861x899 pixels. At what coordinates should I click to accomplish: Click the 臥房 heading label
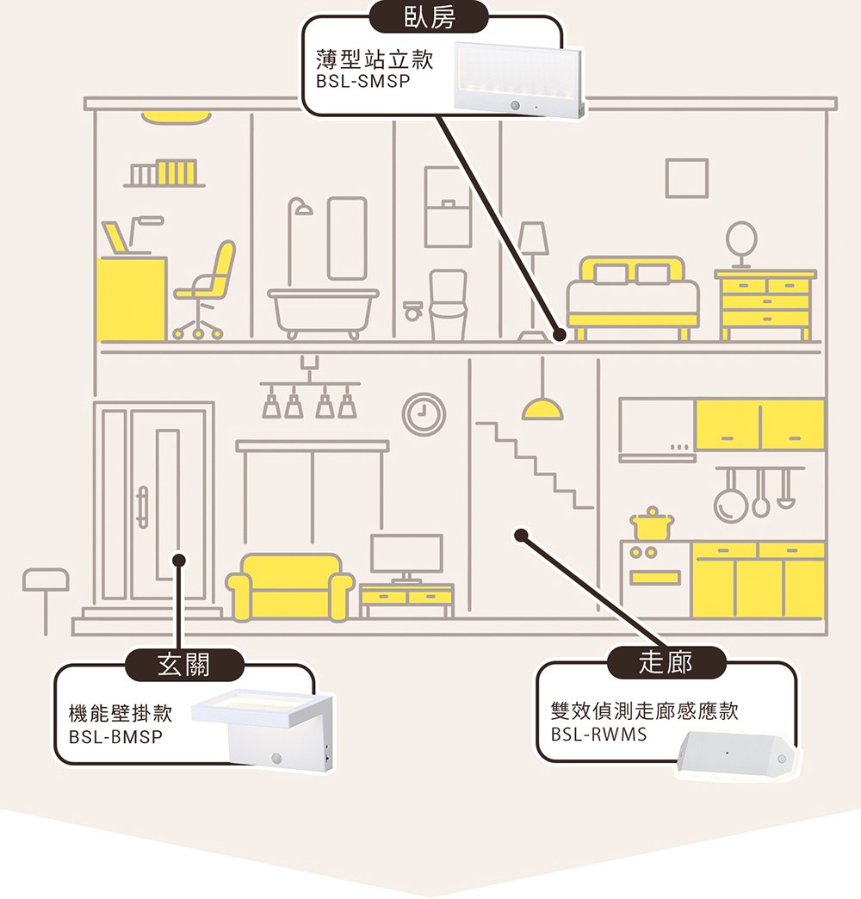point(429,17)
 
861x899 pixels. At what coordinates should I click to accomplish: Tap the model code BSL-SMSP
point(364,82)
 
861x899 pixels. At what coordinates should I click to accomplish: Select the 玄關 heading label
point(184,664)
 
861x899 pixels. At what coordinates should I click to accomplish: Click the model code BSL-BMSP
point(115,737)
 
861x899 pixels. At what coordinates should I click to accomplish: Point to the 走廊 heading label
point(666,662)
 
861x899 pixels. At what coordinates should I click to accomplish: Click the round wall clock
point(424,414)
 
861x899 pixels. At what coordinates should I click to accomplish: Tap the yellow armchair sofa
point(290,586)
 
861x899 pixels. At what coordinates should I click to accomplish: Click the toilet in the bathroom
point(447,306)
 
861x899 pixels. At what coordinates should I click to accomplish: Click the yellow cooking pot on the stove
point(652,524)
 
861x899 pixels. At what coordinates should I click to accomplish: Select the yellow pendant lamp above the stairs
point(542,409)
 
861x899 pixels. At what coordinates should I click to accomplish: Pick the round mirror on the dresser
point(740,237)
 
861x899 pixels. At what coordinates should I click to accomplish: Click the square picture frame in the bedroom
point(686,178)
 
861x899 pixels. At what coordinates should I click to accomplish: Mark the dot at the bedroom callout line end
point(559,334)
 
